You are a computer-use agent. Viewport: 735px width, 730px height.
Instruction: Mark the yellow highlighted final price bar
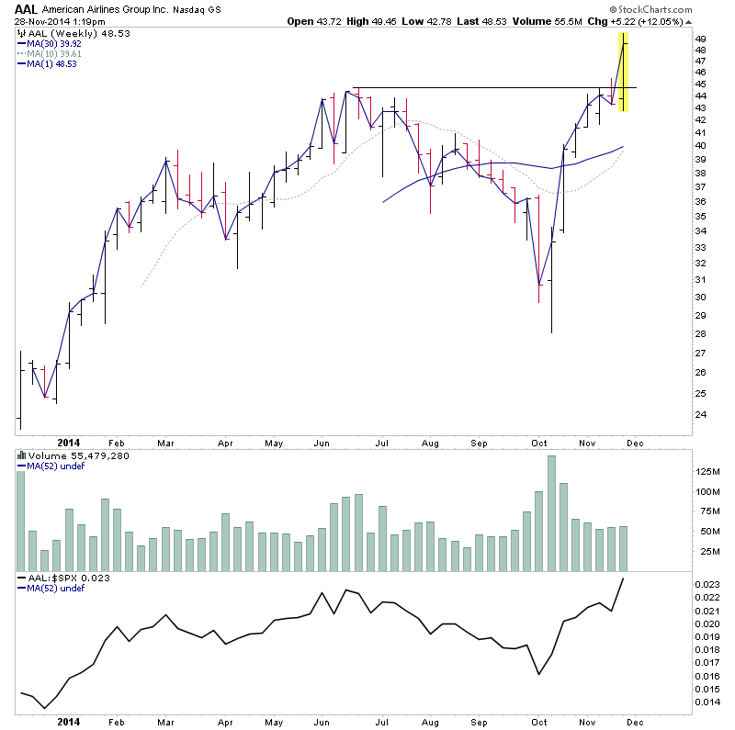[624, 73]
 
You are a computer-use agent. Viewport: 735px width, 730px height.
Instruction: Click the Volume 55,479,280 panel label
[65, 455]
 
